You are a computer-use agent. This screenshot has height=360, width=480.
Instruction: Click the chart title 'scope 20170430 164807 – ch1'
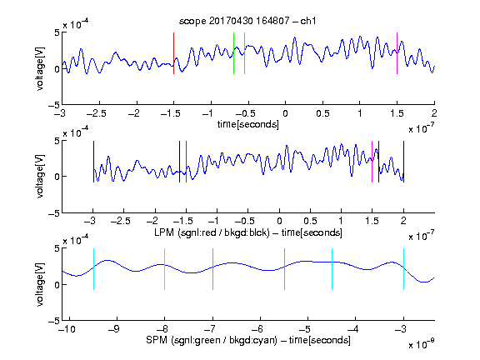coord(247,21)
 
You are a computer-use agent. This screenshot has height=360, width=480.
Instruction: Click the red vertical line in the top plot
coord(173,53)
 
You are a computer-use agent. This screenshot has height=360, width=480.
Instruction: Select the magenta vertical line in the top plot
coord(397,53)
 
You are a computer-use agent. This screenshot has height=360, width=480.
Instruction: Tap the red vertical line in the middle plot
coord(186,162)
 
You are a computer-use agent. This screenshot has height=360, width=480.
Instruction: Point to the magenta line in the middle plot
coord(372,162)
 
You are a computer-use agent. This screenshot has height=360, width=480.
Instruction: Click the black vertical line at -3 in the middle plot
coord(93,162)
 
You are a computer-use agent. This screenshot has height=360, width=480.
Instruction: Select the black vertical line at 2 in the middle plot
coord(403,162)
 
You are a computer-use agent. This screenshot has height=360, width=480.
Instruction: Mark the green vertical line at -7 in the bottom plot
coord(212,269)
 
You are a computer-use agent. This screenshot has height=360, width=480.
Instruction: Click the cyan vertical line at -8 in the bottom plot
coord(165,269)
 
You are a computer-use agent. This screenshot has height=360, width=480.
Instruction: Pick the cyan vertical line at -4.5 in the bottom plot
coord(332,269)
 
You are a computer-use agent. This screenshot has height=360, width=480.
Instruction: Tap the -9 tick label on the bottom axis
coord(114,329)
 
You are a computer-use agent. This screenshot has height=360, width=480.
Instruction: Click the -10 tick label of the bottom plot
coord(67,329)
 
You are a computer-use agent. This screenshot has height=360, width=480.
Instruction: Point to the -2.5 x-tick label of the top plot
coord(97,113)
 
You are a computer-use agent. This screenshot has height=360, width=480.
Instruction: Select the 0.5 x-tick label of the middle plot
coord(310,221)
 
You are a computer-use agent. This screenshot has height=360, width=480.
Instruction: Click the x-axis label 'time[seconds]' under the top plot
coord(248,124)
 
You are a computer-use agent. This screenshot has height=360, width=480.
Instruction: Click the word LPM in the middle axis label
coord(164,232)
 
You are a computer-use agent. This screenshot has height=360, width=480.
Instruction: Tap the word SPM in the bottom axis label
coord(157,340)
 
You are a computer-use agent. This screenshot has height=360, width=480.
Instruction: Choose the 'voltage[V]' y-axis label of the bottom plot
coord(40,284)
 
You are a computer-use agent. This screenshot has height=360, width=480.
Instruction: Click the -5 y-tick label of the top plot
coord(54,105)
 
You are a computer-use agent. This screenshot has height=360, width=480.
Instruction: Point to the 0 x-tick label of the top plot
coord(285,113)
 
